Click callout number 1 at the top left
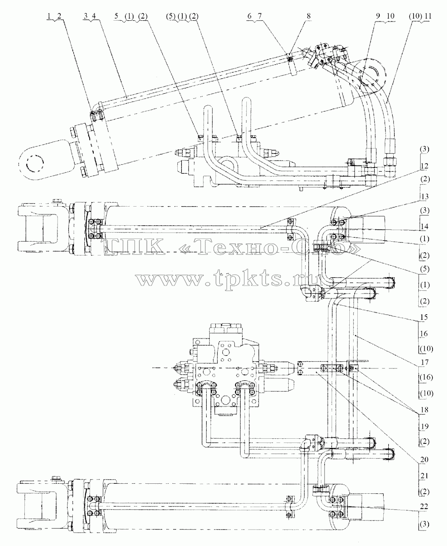(48, 16)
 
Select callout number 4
(94, 16)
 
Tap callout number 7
(259, 16)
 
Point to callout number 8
(308, 16)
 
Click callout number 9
(378, 16)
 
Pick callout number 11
(428, 16)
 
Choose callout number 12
(424, 166)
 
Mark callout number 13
(424, 197)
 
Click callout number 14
(424, 226)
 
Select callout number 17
(424, 362)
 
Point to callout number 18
(424, 410)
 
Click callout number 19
(424, 426)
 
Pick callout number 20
(424, 460)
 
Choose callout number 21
(424, 476)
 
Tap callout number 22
(424, 506)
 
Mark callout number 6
(249, 16)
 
